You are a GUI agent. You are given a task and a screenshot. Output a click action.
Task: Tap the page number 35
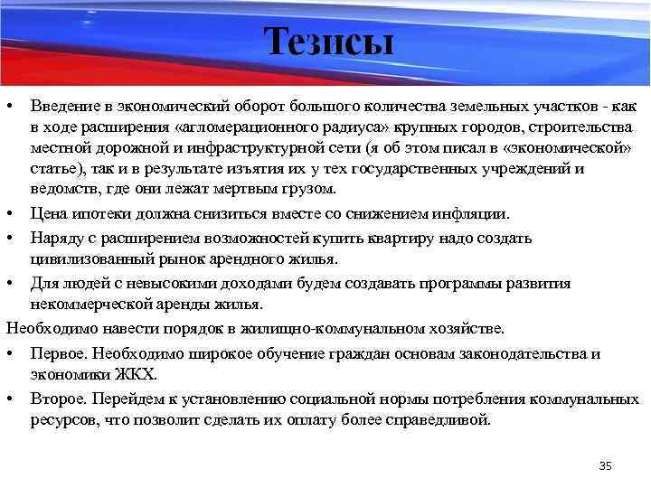pos(605,465)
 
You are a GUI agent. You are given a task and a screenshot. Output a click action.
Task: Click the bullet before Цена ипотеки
pos(11,214)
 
